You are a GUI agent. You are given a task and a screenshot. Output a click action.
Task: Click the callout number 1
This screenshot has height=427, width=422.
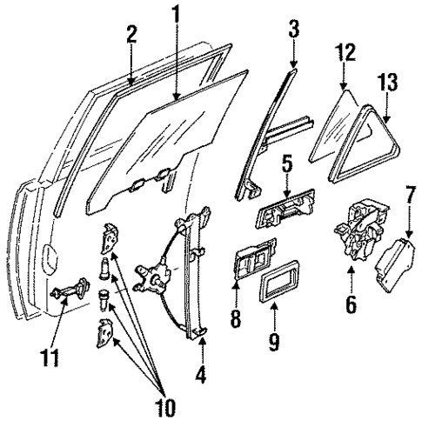176,16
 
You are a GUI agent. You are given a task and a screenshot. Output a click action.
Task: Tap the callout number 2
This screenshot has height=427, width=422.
131,35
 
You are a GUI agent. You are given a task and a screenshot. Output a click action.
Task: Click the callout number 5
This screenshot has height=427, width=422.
286,163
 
